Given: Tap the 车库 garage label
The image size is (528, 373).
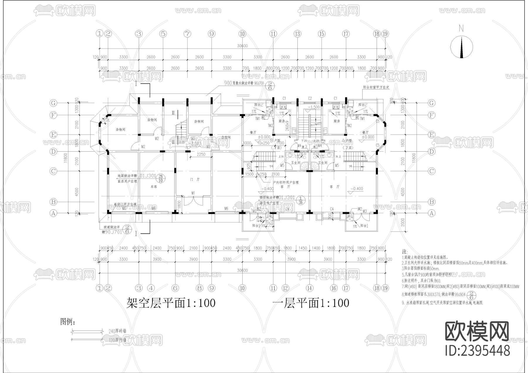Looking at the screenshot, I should (153, 186).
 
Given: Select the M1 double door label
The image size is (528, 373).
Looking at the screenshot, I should (193, 193).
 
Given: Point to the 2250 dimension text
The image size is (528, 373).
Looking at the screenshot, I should (201, 155).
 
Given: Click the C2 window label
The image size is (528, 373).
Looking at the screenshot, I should (310, 99).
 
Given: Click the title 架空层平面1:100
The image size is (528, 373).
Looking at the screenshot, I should (171, 303).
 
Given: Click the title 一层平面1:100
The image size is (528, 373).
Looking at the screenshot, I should (311, 303).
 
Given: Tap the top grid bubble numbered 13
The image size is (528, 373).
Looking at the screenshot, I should (297, 34).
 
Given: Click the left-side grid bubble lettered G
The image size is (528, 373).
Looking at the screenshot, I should (53, 103).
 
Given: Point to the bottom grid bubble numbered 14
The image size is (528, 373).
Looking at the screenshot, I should (309, 288).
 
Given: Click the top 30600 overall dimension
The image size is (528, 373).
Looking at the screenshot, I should (242, 46).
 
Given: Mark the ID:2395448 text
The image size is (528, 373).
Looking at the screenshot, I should (477, 350).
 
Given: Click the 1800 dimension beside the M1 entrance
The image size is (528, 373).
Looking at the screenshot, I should (178, 204).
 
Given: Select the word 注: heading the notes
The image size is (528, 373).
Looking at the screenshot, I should (405, 252).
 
